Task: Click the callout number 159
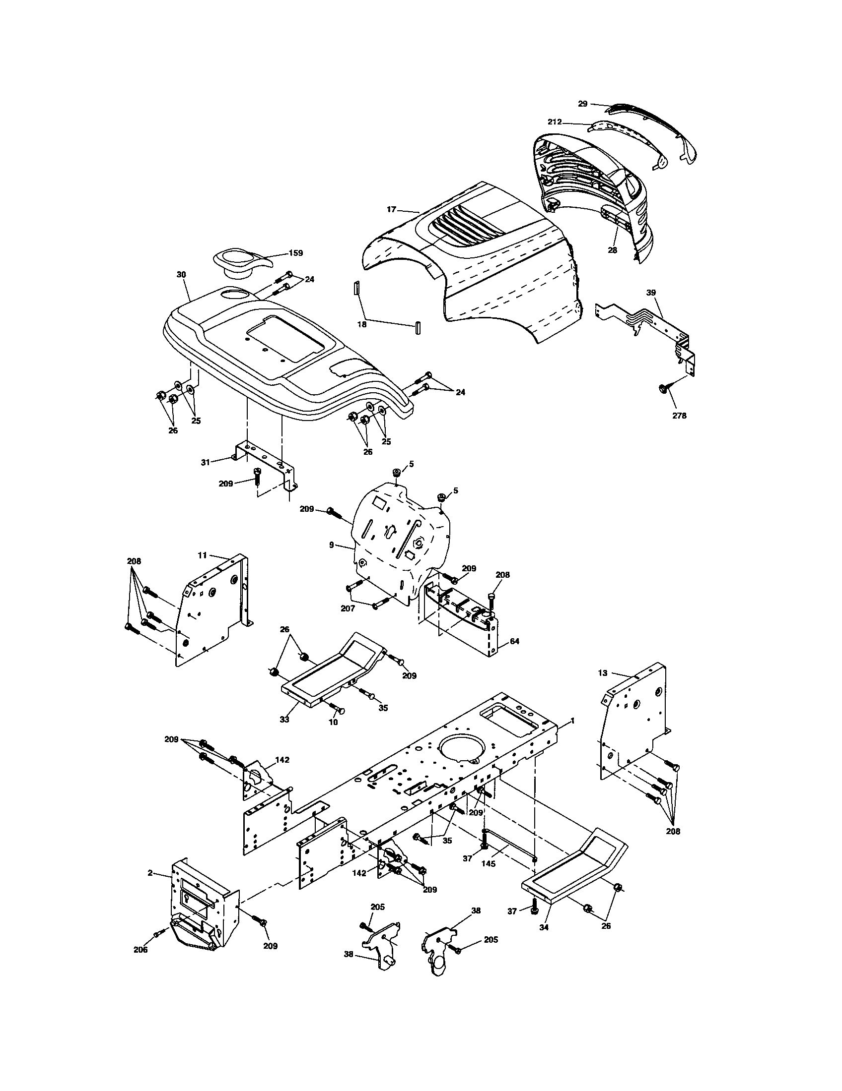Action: point(295,253)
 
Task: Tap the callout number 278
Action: point(679,415)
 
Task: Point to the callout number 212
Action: point(555,121)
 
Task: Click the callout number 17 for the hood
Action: point(392,210)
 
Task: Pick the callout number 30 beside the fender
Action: point(181,275)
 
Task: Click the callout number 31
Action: point(206,463)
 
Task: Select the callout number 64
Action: point(514,641)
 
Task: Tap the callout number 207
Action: point(348,608)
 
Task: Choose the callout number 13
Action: point(603,673)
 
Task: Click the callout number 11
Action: point(202,555)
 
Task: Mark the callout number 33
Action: point(284,720)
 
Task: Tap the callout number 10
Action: point(333,722)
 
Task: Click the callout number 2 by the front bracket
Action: point(150,873)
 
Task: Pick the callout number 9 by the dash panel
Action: point(332,545)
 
